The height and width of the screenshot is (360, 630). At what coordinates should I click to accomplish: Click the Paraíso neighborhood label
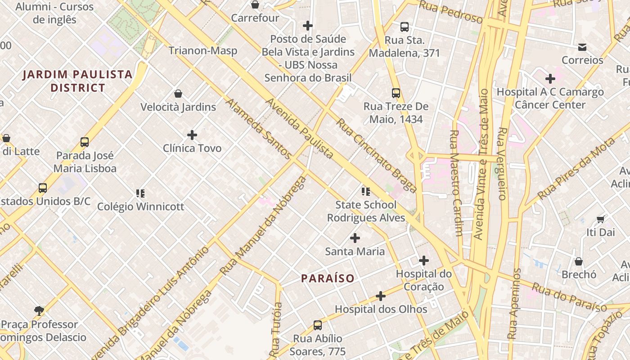pos(328,279)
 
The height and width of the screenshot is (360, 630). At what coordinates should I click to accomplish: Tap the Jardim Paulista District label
pos(77,81)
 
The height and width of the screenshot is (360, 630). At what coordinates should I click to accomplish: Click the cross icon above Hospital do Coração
pos(423,260)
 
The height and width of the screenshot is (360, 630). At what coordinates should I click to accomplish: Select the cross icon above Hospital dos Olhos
pos(381,296)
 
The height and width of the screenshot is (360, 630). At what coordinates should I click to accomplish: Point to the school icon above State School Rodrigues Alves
pos(366,192)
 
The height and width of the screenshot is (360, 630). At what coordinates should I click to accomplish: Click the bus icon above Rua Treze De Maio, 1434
pos(396,93)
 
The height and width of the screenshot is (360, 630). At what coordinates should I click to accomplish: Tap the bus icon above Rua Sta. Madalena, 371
pos(405,27)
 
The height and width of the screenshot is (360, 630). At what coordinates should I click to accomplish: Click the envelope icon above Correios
pos(582,47)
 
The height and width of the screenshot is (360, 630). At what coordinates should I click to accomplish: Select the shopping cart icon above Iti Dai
pos(600,219)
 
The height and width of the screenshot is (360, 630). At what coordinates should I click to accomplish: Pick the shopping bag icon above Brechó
pos(579,261)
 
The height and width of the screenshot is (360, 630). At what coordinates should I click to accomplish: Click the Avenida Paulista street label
pos(299,129)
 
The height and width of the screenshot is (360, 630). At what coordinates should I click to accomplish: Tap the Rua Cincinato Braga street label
pos(376,156)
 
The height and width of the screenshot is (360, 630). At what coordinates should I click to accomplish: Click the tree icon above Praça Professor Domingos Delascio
pos(39,310)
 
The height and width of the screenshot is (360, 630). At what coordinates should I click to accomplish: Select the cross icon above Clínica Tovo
pos(192,135)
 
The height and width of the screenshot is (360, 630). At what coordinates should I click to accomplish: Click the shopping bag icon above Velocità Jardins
pos(178,94)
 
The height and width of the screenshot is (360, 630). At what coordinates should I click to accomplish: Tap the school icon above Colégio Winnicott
pos(140,193)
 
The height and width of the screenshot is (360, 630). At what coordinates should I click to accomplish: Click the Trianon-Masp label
pos(203,50)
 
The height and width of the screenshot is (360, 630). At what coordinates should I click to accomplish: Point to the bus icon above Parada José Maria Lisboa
pos(85,142)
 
